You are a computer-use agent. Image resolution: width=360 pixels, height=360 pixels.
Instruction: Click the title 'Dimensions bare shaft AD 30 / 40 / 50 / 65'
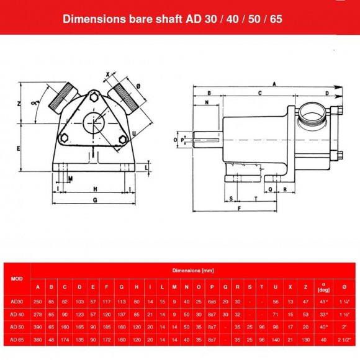click(173, 19)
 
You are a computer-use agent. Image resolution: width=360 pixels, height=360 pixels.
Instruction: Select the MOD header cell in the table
click(17, 279)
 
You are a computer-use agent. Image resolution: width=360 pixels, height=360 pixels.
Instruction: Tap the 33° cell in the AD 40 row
click(322, 313)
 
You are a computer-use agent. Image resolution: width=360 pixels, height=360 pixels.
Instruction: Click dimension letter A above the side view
click(273, 83)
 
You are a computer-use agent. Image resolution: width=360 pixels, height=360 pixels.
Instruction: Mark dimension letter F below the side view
click(239, 209)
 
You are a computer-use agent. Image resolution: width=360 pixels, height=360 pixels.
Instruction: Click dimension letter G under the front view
click(94, 200)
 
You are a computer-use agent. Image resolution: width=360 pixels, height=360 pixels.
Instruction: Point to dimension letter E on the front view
click(19, 149)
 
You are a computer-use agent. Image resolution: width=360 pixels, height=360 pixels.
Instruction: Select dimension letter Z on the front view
click(19, 104)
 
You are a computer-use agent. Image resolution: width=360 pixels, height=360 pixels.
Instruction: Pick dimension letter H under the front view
click(94, 188)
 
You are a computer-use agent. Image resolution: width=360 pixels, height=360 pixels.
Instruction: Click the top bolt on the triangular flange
click(94, 97)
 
